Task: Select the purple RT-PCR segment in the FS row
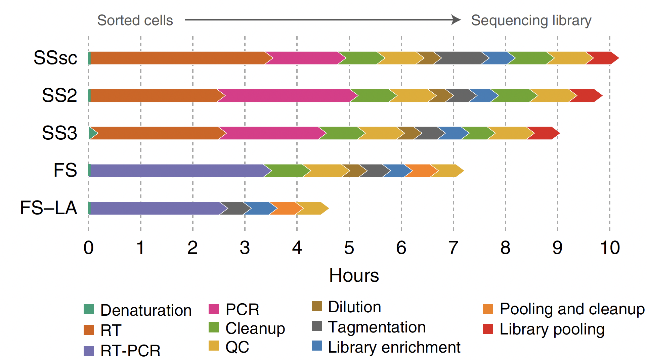click(176, 171)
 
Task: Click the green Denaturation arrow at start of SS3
click(92, 133)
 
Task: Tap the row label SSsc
click(55, 58)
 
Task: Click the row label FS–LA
click(49, 208)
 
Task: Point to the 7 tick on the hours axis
click(453, 248)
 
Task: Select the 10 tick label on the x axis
click(610, 248)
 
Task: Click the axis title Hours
click(354, 275)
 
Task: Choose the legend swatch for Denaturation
click(89, 309)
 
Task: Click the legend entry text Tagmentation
click(377, 327)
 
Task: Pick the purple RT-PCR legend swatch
click(89, 351)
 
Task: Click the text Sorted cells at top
click(135, 20)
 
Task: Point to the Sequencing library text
click(531, 20)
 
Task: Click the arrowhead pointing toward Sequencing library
click(456, 19)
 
